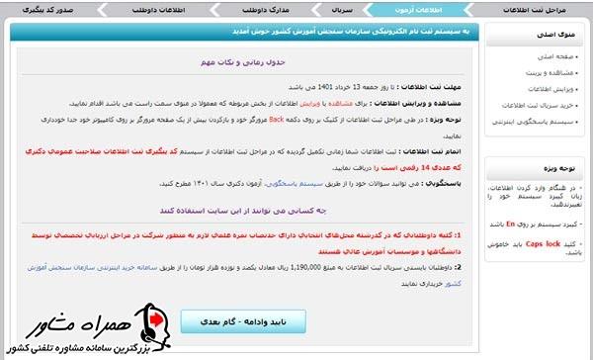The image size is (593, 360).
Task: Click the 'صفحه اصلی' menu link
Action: click(x=552, y=55)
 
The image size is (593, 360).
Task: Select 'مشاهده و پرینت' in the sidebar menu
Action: click(x=546, y=72)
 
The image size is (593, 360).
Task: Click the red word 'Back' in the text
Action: click(x=278, y=117)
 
